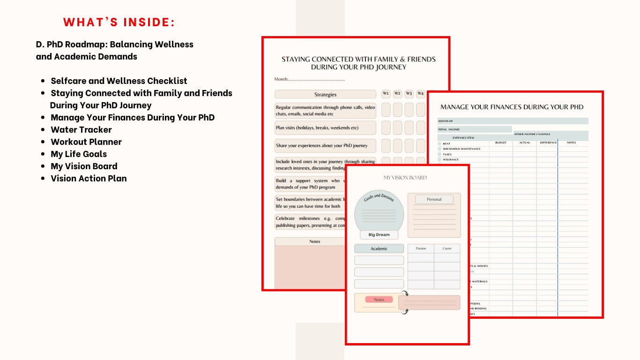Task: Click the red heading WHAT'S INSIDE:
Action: click(119, 22)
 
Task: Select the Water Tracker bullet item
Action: click(81, 130)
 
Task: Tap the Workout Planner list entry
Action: click(86, 142)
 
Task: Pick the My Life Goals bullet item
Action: click(79, 154)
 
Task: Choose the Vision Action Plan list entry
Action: click(89, 179)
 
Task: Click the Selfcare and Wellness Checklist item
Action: click(119, 81)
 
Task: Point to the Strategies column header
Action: click(325, 94)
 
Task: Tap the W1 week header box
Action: click(386, 94)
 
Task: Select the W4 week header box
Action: click(420, 94)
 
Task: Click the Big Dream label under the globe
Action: click(379, 235)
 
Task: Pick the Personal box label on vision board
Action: click(434, 199)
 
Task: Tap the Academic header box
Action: click(379, 248)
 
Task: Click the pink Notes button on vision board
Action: click(379, 300)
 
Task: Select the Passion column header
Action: click(421, 248)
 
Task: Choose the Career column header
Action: click(447, 248)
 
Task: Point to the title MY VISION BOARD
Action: click(405, 178)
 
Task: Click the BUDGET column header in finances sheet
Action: click(500, 142)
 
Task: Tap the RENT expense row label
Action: click(447, 144)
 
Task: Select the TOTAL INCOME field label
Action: click(449, 129)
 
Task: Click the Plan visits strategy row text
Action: click(317, 128)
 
